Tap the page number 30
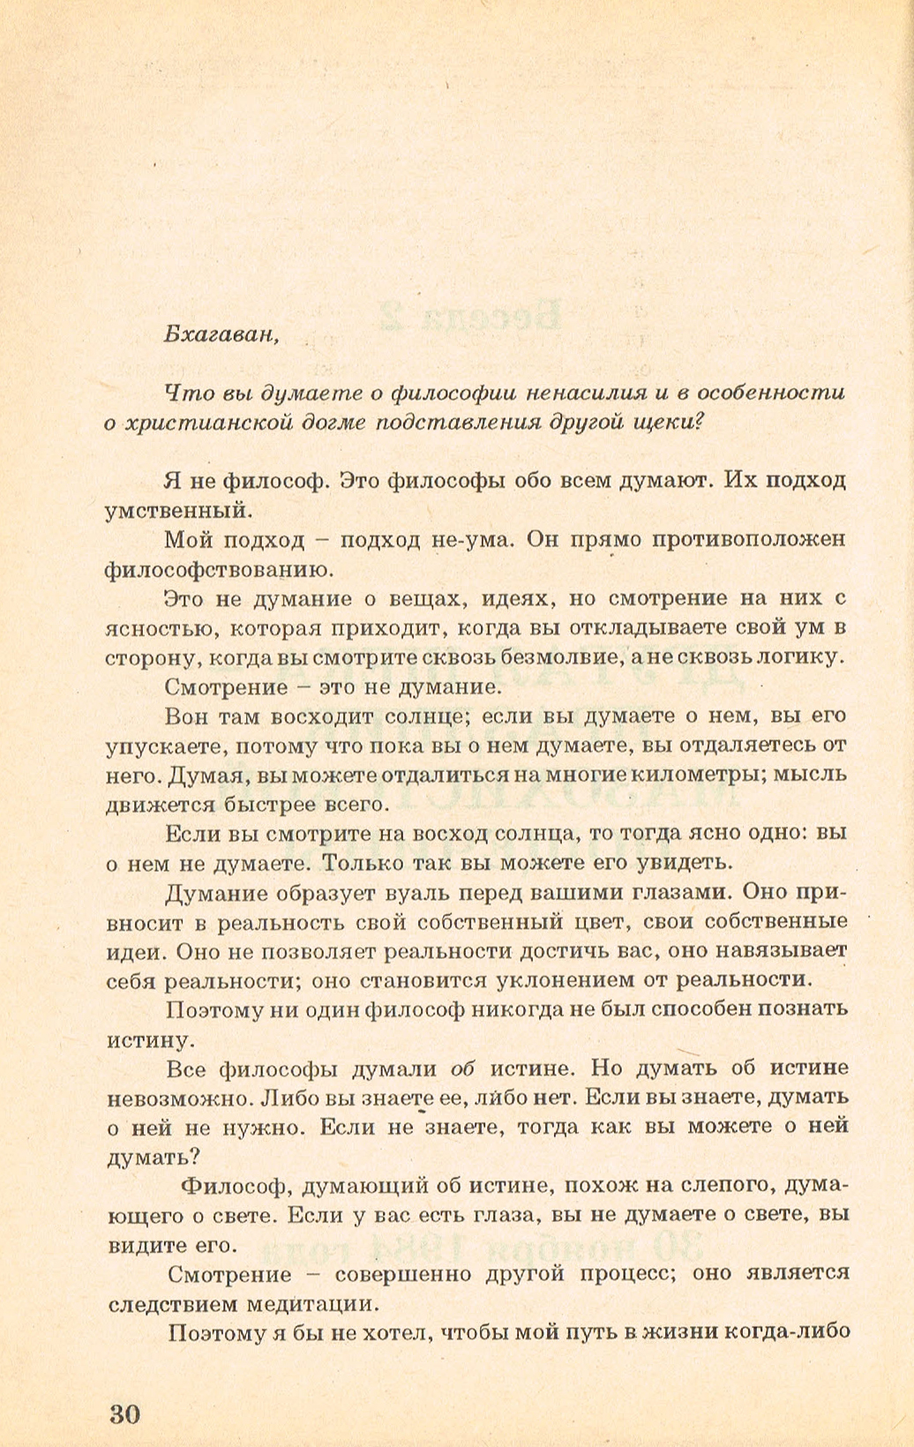pos(125,1414)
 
